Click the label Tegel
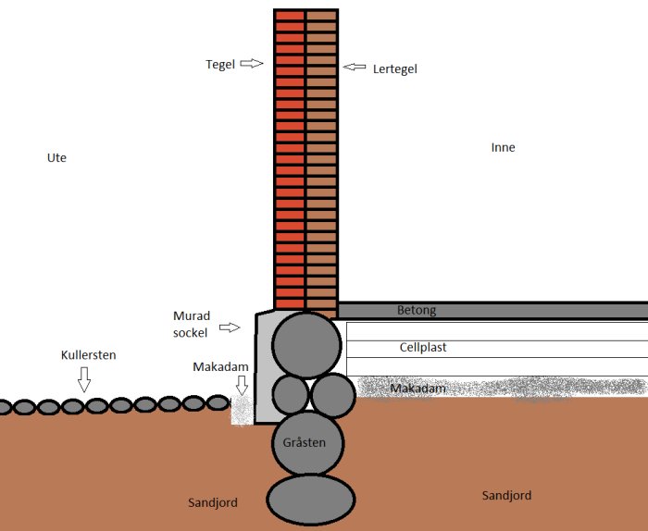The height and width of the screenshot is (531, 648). (x=220, y=65)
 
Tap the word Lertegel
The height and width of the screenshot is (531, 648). (x=394, y=69)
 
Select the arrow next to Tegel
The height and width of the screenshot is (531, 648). (x=252, y=63)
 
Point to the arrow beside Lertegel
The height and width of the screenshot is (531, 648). (x=355, y=67)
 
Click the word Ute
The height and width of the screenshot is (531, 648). (x=56, y=158)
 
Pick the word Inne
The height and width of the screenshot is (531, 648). (x=503, y=147)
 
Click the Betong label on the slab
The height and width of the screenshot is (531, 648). (x=417, y=310)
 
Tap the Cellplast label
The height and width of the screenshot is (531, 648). (x=423, y=347)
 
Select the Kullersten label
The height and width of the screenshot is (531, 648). (x=89, y=355)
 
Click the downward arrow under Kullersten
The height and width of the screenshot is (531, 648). (x=84, y=379)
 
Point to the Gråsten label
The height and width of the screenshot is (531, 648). (x=305, y=442)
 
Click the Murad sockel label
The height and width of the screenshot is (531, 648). (x=192, y=324)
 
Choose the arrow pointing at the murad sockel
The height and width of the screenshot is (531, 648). (x=230, y=327)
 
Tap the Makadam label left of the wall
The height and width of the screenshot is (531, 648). (x=220, y=366)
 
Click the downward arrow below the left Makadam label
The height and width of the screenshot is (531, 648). (x=242, y=385)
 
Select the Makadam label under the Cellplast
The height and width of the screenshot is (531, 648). (x=417, y=389)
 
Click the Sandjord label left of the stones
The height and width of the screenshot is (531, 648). (x=213, y=503)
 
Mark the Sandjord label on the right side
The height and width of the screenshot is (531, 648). (x=506, y=496)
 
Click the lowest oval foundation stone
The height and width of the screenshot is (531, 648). (x=311, y=500)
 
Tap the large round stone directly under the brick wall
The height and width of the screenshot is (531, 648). (x=306, y=345)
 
